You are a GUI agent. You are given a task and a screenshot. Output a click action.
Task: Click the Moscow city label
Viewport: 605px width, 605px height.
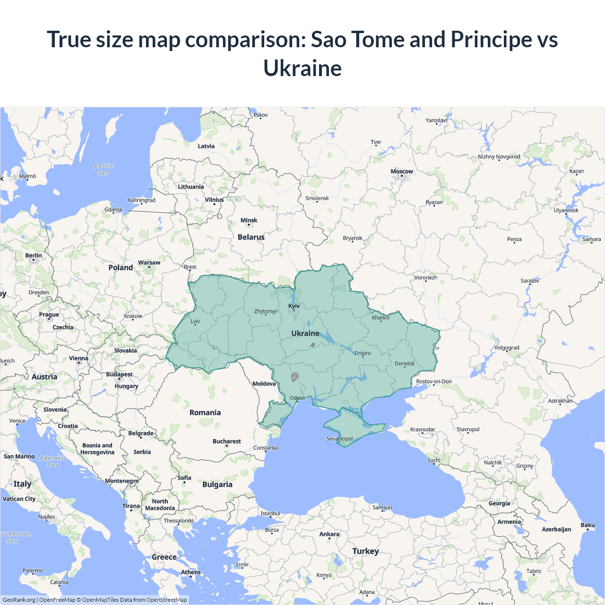click(402, 172)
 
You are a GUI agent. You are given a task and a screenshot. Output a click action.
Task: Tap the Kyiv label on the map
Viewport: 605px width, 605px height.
click(294, 306)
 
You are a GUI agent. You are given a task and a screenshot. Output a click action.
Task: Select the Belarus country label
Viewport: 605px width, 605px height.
click(251, 237)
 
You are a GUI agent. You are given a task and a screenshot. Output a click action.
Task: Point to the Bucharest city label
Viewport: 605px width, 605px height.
click(226, 441)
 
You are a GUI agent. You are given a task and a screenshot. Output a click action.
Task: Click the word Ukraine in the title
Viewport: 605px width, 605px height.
click(302, 68)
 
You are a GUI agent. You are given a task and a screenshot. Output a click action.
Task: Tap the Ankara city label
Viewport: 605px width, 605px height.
click(329, 534)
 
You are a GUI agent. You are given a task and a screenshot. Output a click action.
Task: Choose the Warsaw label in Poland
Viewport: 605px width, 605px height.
click(149, 263)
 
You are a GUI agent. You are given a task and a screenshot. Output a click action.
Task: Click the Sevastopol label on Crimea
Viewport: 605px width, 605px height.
click(339, 439)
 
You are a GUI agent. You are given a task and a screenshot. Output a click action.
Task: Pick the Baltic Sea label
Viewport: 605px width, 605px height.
click(104, 169)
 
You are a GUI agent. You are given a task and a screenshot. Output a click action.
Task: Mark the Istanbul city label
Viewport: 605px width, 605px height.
click(270, 513)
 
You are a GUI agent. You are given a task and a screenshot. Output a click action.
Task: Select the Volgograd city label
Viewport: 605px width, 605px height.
click(507, 348)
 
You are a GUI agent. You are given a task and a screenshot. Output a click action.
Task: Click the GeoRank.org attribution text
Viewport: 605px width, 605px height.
click(19, 600)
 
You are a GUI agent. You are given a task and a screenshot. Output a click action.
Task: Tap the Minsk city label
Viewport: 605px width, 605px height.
click(249, 220)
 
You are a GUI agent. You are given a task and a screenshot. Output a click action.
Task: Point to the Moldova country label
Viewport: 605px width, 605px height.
click(264, 384)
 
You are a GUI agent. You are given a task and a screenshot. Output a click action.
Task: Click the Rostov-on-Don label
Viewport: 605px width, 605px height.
click(434, 381)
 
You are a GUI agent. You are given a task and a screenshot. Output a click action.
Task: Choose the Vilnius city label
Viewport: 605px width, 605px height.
click(214, 200)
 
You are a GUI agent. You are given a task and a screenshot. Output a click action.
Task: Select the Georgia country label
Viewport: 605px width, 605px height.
click(499, 503)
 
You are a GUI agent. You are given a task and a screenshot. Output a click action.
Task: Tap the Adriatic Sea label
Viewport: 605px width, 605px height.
click(53, 461)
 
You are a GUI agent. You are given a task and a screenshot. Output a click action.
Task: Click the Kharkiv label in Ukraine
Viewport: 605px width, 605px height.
click(381, 318)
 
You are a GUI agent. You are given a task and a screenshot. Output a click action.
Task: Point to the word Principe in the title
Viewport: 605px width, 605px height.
click(491, 39)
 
